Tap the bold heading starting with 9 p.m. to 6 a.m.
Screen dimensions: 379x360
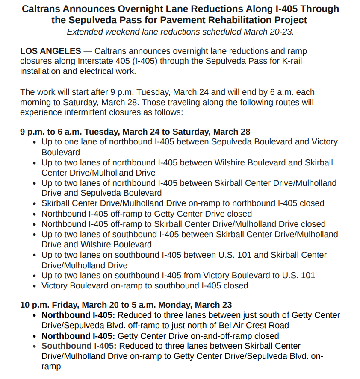[x=135, y=132]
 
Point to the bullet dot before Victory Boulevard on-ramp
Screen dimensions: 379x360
[x=35, y=286]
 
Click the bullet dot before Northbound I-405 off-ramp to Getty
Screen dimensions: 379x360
[x=35, y=214]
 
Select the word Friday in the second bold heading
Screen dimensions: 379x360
[x=66, y=305]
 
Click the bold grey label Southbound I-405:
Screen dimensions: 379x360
[x=78, y=346]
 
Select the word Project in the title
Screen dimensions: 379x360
[x=291, y=20]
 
